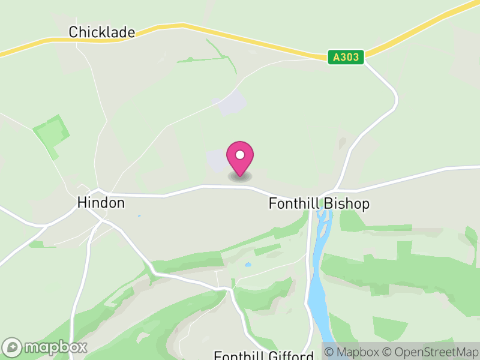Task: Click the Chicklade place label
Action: click(x=101, y=32)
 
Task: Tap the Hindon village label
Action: click(x=101, y=203)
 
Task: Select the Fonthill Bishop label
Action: click(x=319, y=204)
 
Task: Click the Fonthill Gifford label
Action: click(x=263, y=355)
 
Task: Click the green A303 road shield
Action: click(x=347, y=58)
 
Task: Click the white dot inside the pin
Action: click(x=240, y=155)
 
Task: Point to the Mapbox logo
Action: click(x=46, y=347)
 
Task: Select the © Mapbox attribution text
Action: click(x=354, y=352)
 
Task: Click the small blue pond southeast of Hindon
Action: click(x=139, y=215)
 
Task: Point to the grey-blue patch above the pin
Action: click(x=232, y=104)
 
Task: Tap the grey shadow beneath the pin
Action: click(x=240, y=176)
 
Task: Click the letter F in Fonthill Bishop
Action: click(x=272, y=204)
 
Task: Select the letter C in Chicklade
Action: click(x=73, y=32)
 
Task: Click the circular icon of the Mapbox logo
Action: click(x=12, y=347)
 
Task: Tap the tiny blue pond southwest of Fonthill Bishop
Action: click(x=248, y=264)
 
